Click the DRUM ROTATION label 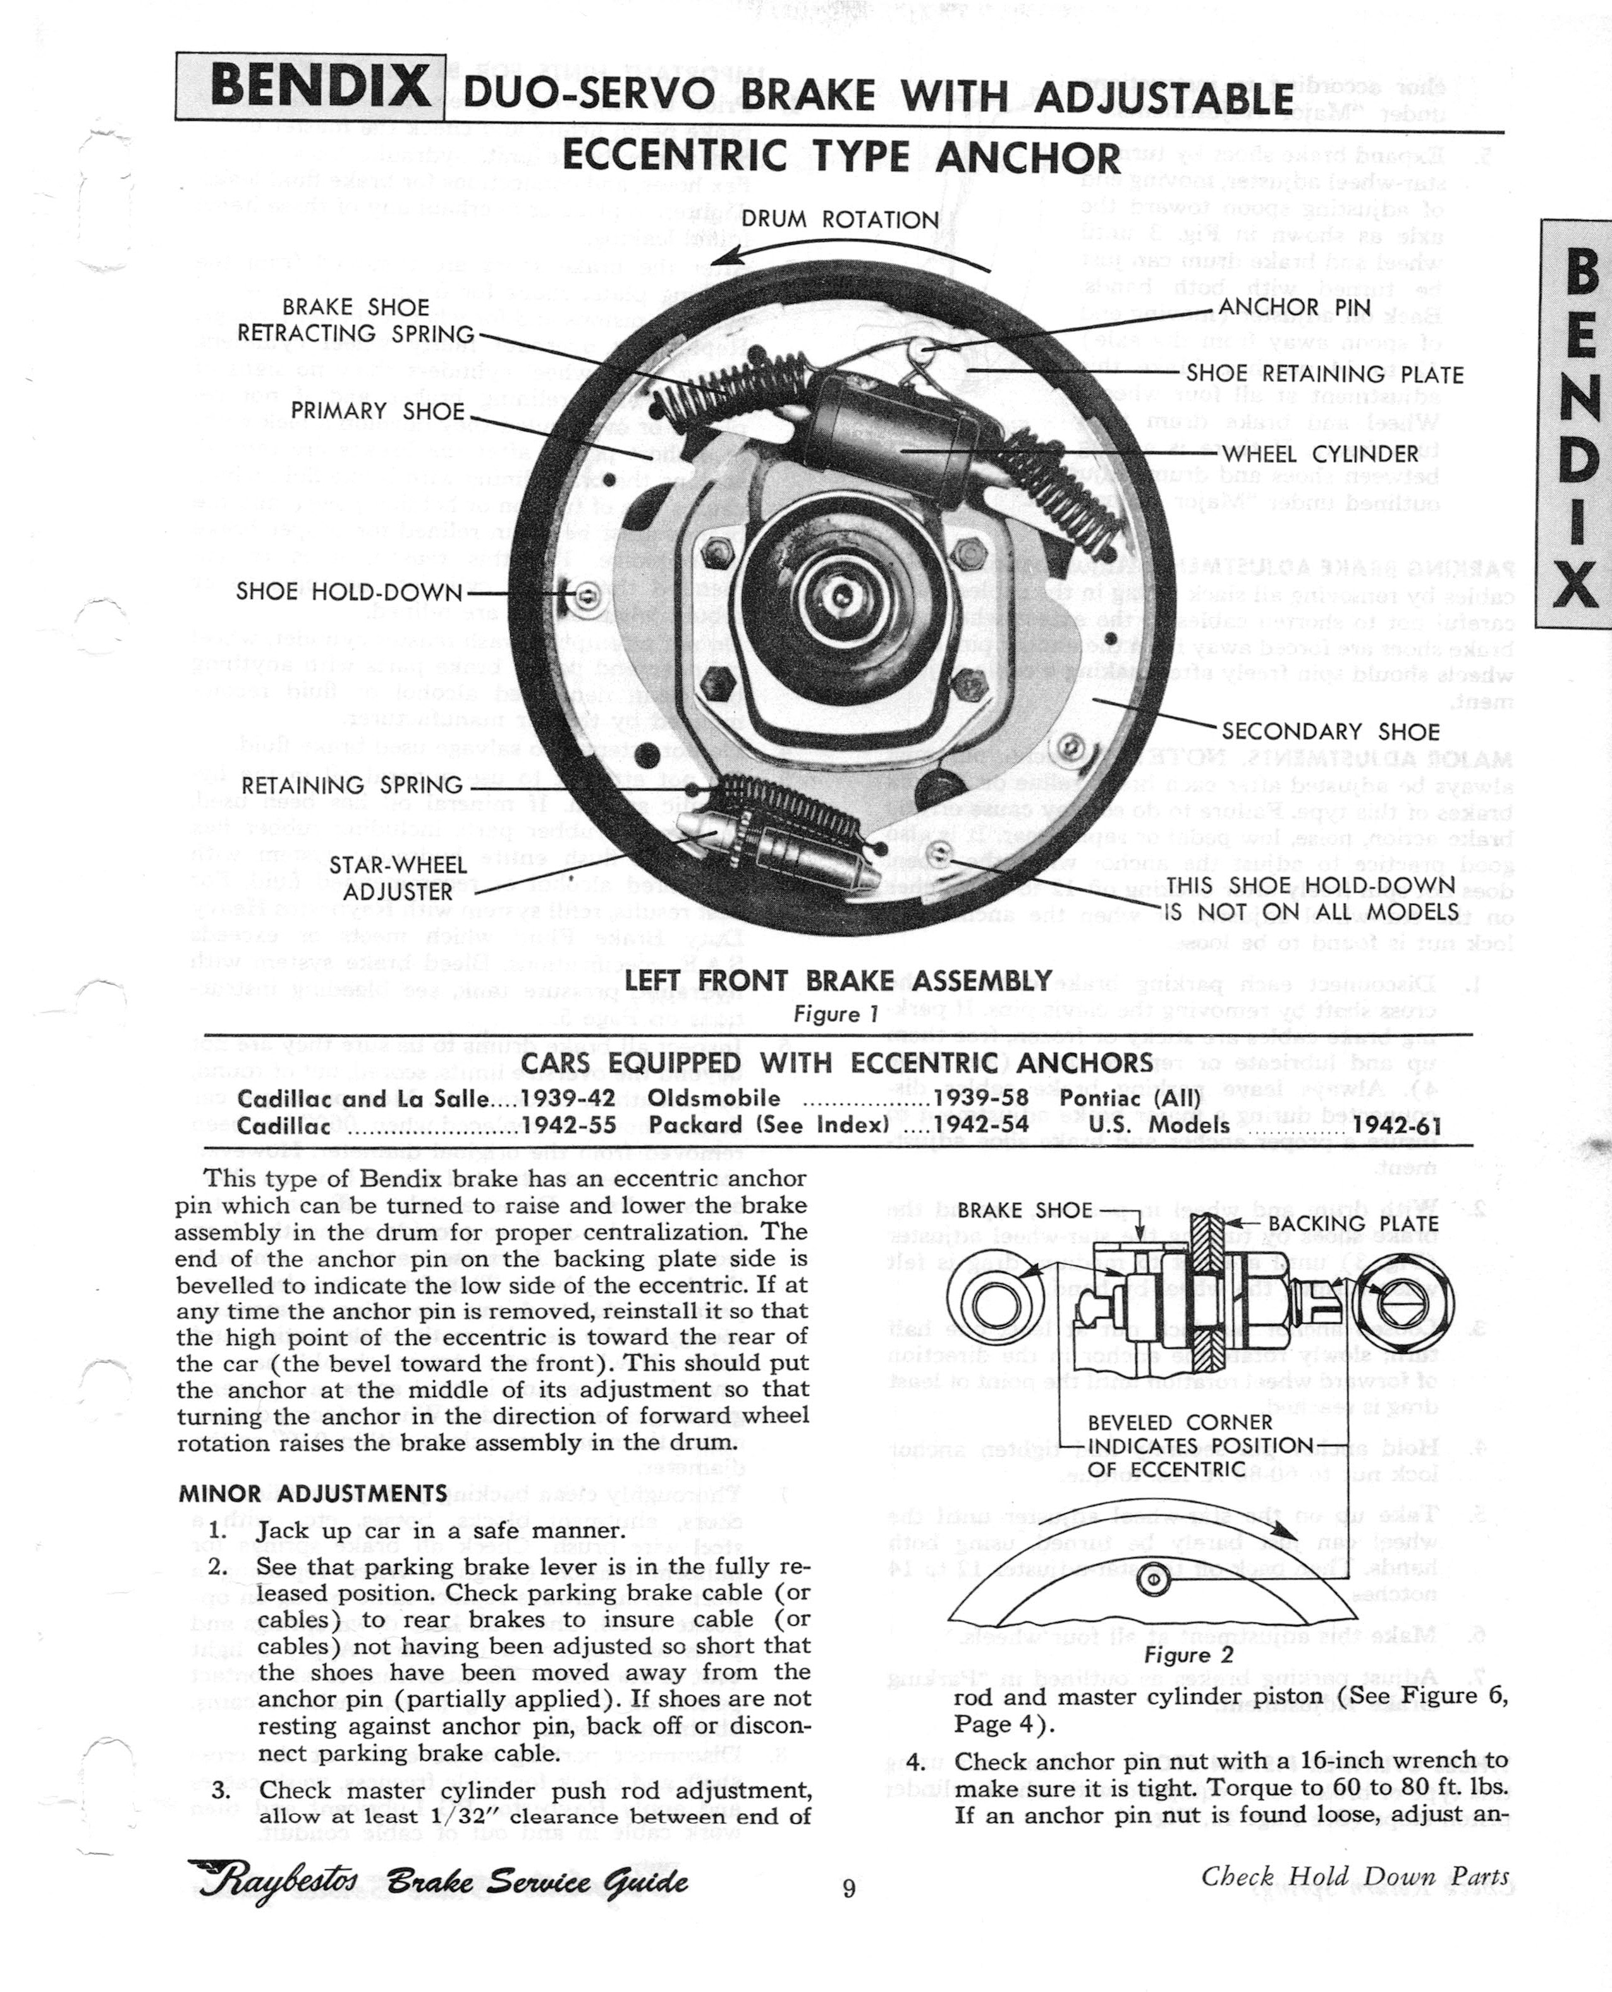click(840, 220)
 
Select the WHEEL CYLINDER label click(1319, 454)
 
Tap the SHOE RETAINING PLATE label click(1324, 374)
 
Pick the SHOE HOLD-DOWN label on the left click(348, 591)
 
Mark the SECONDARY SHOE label click(1329, 731)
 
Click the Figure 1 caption click(835, 1014)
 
